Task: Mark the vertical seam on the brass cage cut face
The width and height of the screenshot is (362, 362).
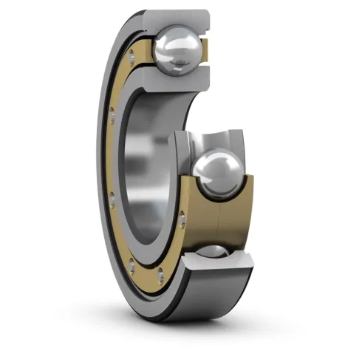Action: pos(220,222)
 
